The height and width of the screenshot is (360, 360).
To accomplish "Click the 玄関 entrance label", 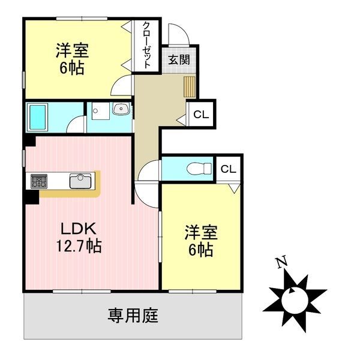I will (x=179, y=59).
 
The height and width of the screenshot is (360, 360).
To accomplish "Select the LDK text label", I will (x=76, y=229).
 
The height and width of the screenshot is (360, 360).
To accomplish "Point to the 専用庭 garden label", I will (x=133, y=315).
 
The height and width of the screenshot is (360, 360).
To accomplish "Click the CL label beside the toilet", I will (x=228, y=169).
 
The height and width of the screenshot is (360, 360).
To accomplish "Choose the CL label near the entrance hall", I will (x=201, y=115).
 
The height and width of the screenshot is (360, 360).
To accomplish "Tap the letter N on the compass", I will (x=279, y=262).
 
